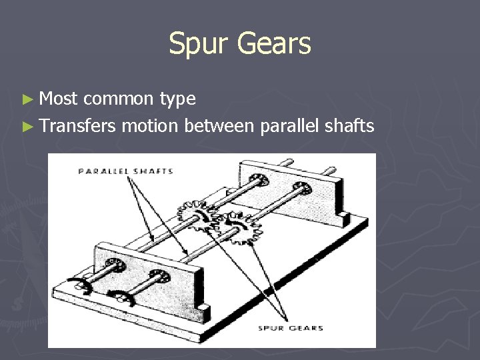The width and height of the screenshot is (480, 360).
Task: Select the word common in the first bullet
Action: pos(119,99)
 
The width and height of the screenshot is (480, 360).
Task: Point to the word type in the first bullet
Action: pos(178,100)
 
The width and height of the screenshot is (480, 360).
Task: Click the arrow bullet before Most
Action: pos(27,99)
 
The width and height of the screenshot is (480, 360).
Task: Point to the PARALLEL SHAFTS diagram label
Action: pos(125,171)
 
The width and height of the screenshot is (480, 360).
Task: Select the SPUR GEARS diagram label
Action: pos(292,328)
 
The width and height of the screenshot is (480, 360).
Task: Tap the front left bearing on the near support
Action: pos(118,267)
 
